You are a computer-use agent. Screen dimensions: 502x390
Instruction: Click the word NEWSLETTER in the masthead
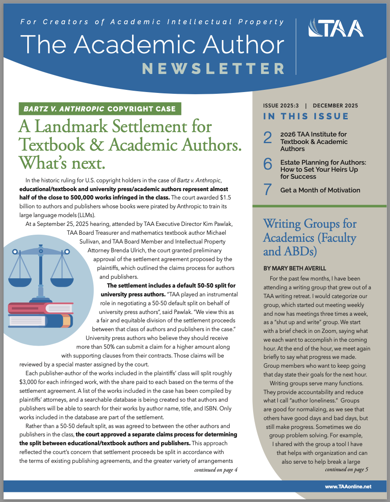[213, 69]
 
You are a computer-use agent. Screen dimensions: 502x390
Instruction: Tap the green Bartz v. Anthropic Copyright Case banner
[100, 109]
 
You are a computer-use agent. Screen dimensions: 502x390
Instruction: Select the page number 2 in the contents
[268, 138]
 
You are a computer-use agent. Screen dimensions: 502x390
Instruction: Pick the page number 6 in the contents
[268, 164]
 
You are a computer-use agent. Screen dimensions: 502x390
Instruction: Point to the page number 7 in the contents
[268, 189]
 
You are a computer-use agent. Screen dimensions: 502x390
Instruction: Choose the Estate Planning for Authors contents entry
[323, 170]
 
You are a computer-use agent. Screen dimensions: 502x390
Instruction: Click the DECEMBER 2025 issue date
[336, 106]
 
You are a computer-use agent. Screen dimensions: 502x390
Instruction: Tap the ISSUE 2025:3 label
[280, 106]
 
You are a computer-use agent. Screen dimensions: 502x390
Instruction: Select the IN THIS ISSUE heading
[306, 117]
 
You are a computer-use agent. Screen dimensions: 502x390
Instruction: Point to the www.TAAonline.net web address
[348, 486]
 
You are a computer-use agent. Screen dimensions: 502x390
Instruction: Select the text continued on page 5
[346, 470]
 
